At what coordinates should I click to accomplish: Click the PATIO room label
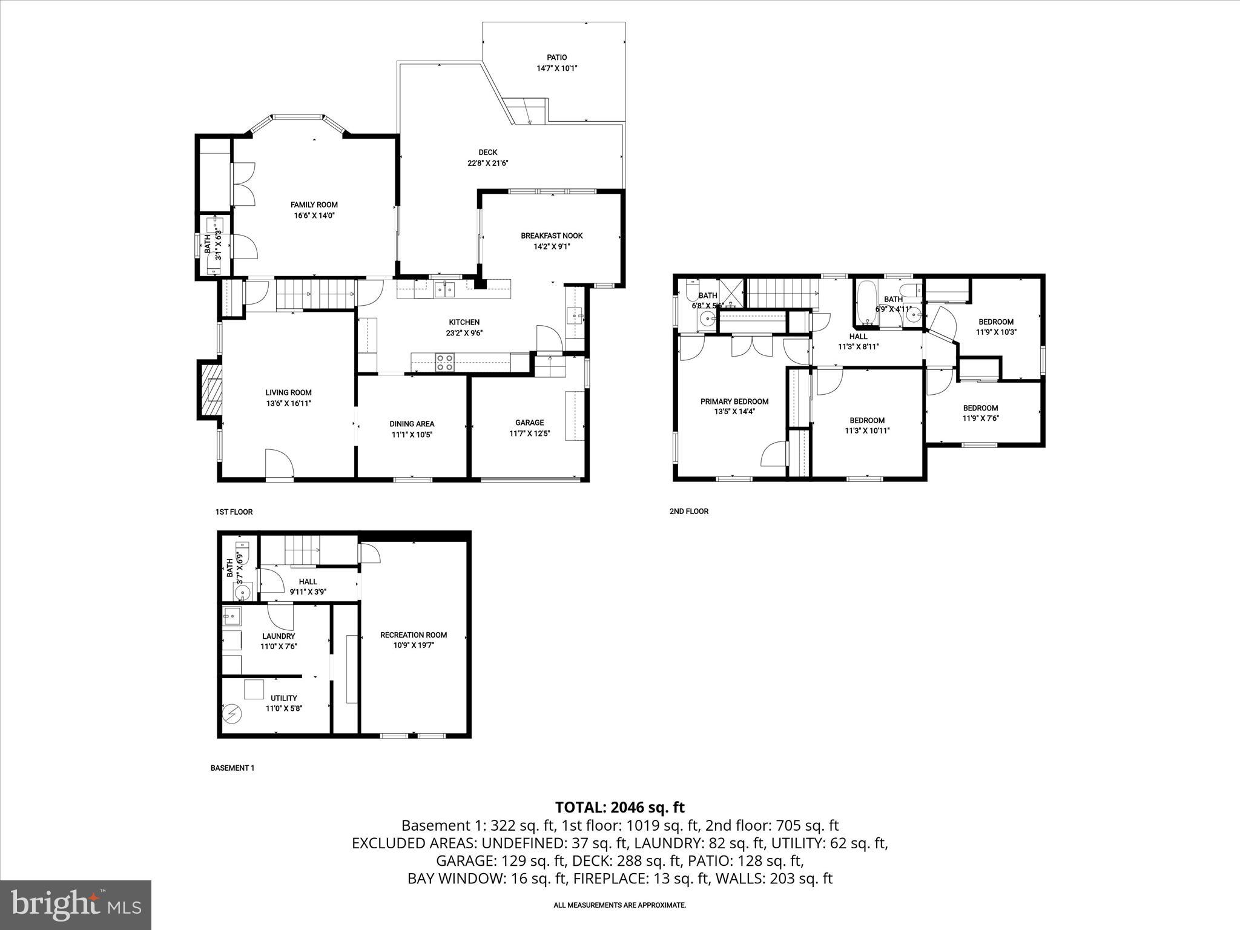coord(556,58)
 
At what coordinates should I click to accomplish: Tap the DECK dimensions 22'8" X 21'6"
coord(487,163)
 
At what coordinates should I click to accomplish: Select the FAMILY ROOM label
coord(314,205)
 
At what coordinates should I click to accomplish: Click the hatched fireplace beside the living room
coord(210,390)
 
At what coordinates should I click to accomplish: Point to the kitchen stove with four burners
coord(445,362)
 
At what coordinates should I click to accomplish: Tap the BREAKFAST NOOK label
coord(552,236)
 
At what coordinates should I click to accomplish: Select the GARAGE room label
coord(529,423)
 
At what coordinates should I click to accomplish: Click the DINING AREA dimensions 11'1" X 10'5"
coord(412,434)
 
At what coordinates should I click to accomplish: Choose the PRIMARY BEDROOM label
coord(734,401)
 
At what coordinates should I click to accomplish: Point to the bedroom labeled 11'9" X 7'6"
coord(980,413)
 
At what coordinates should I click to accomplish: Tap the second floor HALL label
coord(858,337)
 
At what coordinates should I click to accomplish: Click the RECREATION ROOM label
coord(414,635)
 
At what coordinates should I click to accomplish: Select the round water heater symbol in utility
coord(231,714)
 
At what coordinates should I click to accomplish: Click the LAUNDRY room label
coord(279,636)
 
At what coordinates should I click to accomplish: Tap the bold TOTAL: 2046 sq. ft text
coord(619,807)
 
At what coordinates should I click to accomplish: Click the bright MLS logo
coord(76,905)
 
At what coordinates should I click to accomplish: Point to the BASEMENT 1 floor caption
coord(232,768)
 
